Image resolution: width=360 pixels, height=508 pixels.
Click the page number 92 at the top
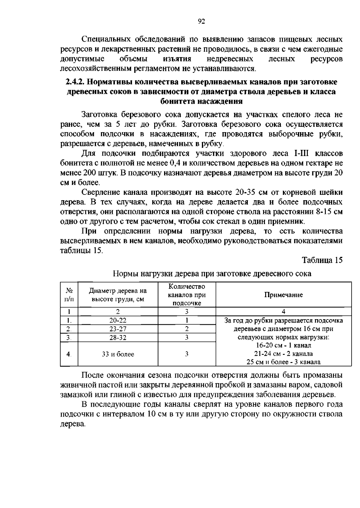pos(201,21)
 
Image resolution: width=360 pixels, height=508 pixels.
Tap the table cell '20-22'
pos(118,320)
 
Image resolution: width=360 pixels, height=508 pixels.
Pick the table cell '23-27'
pos(118,329)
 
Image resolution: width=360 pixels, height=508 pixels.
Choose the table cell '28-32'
pos(118,337)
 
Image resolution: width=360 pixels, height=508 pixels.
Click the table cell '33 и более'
pos(118,354)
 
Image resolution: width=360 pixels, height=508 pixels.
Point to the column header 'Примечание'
pos(283,295)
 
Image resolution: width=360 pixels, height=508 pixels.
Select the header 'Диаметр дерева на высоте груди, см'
pos(118,295)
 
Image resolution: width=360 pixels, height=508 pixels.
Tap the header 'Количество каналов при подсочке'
pos(187,295)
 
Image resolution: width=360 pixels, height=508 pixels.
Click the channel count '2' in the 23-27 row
pos(187,329)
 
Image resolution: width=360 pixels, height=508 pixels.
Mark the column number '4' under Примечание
pos(283,311)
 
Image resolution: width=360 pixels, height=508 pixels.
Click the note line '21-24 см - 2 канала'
pos(283,354)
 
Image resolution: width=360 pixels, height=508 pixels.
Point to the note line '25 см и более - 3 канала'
pos(283,362)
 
